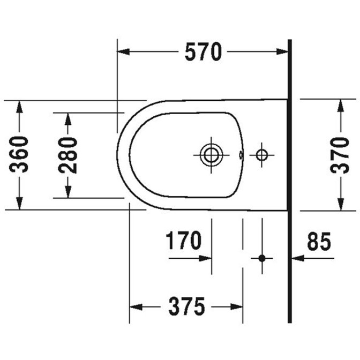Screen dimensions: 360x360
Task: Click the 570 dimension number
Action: pyautogui.click(x=204, y=52)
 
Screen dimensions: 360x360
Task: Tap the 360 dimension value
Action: pyautogui.click(x=19, y=154)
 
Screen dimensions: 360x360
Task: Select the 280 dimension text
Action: pyautogui.click(x=67, y=155)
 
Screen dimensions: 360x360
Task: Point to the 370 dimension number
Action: pyautogui.click(x=340, y=155)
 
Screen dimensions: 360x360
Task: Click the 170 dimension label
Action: pyautogui.click(x=183, y=241)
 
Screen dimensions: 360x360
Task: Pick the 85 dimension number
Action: pyautogui.click(x=319, y=241)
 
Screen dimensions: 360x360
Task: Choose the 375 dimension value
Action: pyautogui.click(x=186, y=306)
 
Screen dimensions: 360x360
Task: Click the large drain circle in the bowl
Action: pyautogui.click(x=211, y=155)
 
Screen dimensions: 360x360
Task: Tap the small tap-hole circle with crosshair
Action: pyautogui.click(x=262, y=155)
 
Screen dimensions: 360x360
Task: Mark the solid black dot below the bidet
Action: pyautogui.click(x=262, y=258)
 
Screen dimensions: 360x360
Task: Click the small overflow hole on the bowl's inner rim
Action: pyautogui.click(x=241, y=155)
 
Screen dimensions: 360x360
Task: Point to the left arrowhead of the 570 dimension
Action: pyautogui.click(x=123, y=51)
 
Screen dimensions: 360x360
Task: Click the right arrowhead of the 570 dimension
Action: pyautogui.click(x=282, y=51)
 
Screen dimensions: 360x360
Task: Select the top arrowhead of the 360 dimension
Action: pyautogui.click(x=19, y=107)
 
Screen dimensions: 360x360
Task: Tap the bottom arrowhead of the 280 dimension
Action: pyautogui.click(x=67, y=192)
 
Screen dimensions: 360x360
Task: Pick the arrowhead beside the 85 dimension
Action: pyautogui.click(x=298, y=258)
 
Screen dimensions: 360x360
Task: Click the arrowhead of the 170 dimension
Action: pyautogui.click(x=205, y=258)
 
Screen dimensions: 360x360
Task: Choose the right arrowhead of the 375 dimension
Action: pyautogui.click(x=237, y=307)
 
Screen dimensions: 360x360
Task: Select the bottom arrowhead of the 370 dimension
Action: pyautogui.click(x=341, y=204)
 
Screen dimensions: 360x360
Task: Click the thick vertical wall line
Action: pyautogui.click(x=290, y=181)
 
